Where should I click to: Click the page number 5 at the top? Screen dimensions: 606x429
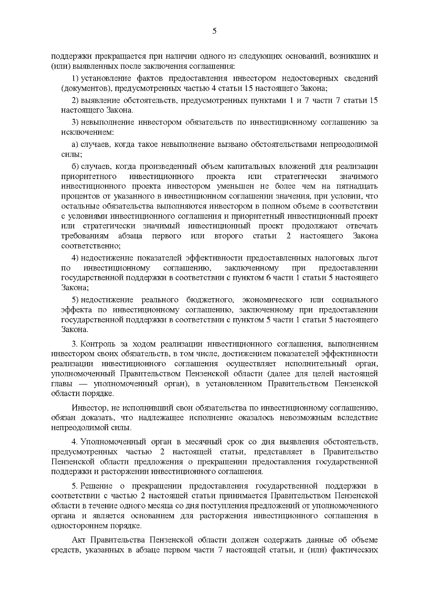click(214, 31)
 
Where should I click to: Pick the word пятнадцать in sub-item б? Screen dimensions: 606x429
click(357, 186)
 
